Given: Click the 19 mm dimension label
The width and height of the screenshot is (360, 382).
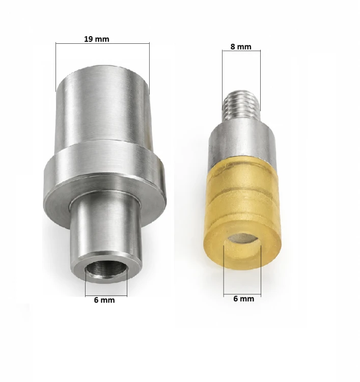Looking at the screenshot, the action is pos(96,39).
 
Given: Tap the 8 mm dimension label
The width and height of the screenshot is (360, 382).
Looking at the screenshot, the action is pos(241,46).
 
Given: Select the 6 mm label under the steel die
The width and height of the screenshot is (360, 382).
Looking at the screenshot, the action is pos(104,300).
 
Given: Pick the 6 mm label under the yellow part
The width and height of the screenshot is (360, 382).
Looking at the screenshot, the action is pos(243,298).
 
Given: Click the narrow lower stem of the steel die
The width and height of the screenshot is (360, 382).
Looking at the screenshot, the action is pos(106,234).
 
